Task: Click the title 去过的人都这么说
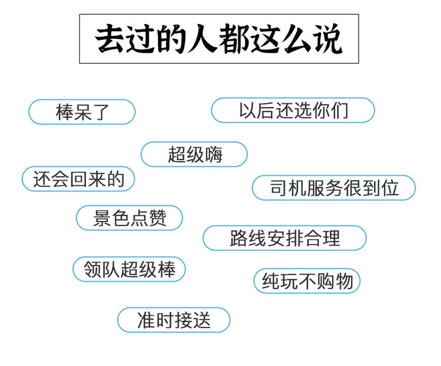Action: (x=219, y=39)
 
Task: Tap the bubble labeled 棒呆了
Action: (x=82, y=112)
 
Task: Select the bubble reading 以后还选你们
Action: (x=293, y=110)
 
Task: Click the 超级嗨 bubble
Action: (x=194, y=155)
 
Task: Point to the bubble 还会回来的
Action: (x=78, y=179)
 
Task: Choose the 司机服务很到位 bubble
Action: (x=333, y=188)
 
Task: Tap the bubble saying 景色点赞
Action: (x=129, y=218)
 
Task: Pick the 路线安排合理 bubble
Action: (x=285, y=238)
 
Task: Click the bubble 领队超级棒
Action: (x=129, y=269)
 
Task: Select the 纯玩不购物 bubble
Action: (x=307, y=281)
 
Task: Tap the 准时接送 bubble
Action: (x=174, y=320)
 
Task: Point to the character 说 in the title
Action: (x=328, y=39)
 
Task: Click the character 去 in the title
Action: (x=110, y=39)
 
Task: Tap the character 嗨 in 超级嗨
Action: (x=214, y=155)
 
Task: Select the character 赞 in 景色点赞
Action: (x=158, y=218)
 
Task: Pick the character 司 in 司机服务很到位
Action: (x=279, y=188)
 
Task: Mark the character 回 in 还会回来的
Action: (x=78, y=179)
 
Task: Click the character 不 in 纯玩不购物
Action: (x=308, y=281)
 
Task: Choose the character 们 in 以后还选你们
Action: (x=339, y=110)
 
